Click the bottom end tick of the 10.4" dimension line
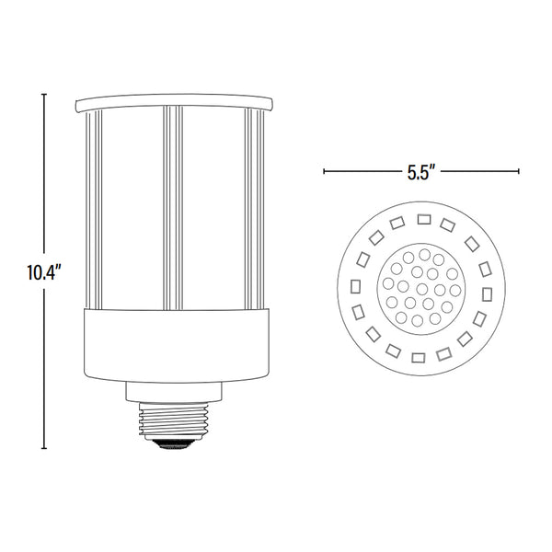click(44, 449)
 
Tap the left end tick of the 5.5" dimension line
click(324, 172)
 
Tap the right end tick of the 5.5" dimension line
click(520, 172)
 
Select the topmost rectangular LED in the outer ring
click(424, 219)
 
